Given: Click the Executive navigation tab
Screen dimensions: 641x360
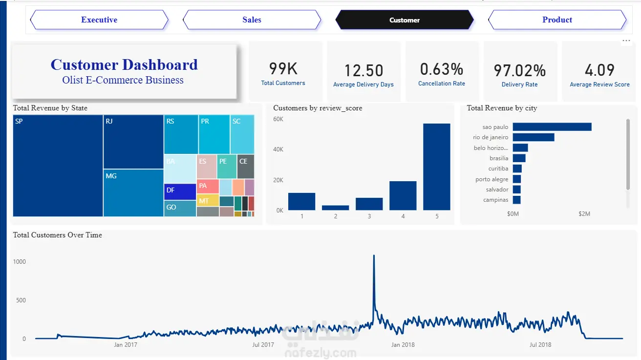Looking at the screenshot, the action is [99, 20].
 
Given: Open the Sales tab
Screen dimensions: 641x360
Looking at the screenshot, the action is [252, 20].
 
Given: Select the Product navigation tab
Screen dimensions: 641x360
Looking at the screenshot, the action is [557, 20].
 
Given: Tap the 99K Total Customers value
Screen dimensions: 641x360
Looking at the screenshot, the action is [283, 69].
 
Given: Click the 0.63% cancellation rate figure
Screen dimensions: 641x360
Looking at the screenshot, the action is [442, 69].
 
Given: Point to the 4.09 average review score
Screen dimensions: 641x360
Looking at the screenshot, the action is [599, 70].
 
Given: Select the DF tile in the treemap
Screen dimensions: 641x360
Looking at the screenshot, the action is [180, 191].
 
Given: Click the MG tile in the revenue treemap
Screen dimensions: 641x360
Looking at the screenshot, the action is [133, 192].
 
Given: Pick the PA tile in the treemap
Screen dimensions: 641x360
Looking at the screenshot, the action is [208, 186].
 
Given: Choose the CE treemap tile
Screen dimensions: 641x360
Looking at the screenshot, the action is [246, 166].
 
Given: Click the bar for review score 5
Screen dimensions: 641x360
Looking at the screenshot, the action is [437, 167].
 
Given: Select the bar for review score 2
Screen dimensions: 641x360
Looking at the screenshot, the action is [335, 208].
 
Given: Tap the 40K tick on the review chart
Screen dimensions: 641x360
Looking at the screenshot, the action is [278, 149].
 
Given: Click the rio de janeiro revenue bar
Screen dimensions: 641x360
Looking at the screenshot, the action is [534, 137].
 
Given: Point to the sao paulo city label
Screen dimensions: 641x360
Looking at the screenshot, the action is [495, 127].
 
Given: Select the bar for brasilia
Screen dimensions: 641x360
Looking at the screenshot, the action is [519, 158].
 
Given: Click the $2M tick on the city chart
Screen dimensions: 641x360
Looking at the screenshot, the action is [584, 214].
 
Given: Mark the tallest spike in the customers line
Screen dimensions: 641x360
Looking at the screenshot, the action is [374, 255].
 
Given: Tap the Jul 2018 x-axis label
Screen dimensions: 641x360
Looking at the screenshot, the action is [540, 344].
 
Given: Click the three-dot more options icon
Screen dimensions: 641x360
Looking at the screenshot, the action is [626, 41].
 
